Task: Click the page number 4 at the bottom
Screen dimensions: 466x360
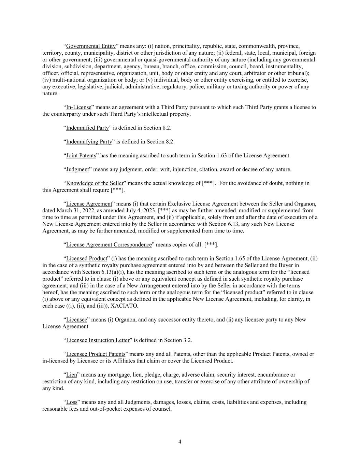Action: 180,442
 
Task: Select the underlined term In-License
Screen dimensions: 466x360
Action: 78,107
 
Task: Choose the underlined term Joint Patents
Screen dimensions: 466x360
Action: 81,156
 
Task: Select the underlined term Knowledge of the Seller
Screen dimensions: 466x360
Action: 95,183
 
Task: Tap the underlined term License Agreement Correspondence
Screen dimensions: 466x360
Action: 109,245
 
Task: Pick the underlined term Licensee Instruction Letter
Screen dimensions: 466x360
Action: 98,340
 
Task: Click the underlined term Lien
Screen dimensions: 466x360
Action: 71,375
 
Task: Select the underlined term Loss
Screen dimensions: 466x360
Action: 72,402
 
